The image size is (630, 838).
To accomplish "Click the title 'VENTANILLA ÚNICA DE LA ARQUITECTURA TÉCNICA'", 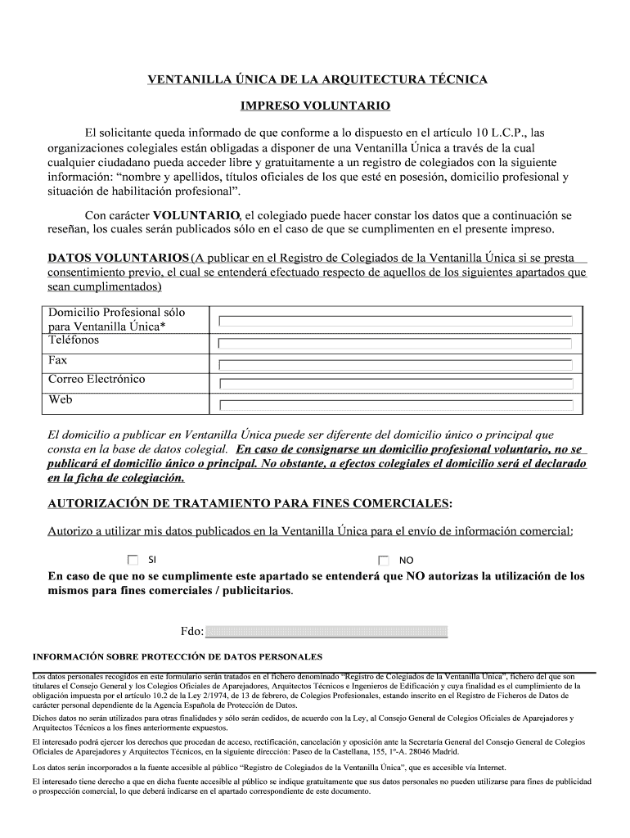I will pyautogui.click(x=317, y=79).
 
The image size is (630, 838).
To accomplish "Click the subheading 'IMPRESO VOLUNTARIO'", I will pyautogui.click(x=315, y=106).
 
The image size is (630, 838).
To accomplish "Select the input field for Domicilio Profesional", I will pyautogui.click(x=395, y=321).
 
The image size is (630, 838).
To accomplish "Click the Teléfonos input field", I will pyautogui.click(x=395, y=342).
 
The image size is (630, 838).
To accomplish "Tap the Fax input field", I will pyautogui.click(x=395, y=363).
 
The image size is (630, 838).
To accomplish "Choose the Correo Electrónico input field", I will pyautogui.click(x=395, y=384).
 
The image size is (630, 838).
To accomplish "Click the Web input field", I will pyautogui.click(x=395, y=405).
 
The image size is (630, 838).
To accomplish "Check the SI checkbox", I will pyautogui.click(x=133, y=561).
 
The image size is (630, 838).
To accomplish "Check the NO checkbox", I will pyautogui.click(x=384, y=561).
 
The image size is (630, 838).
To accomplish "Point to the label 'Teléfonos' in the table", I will pyautogui.click(x=74, y=340).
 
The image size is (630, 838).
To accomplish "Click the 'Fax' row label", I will pyautogui.click(x=58, y=360).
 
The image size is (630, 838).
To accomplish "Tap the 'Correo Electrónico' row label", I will pyautogui.click(x=97, y=380).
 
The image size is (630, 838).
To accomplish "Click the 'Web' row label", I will pyautogui.click(x=61, y=400).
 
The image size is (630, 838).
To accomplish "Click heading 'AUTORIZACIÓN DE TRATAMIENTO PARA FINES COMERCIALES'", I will pyautogui.click(x=249, y=502).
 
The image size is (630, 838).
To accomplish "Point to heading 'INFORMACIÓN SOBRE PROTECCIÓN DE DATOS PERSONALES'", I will pyautogui.click(x=178, y=656).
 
